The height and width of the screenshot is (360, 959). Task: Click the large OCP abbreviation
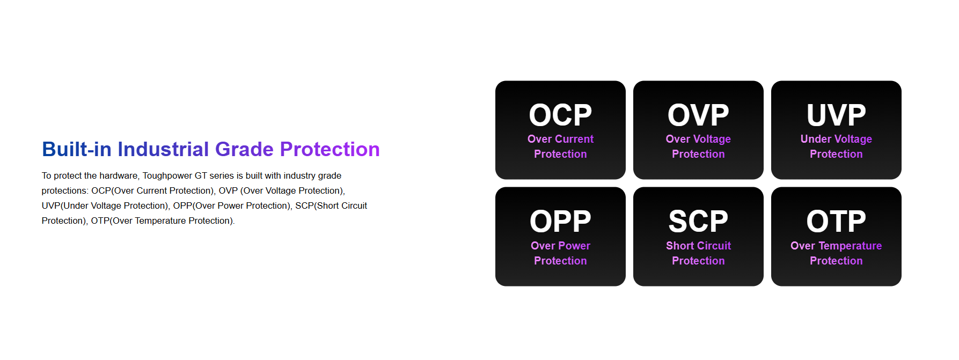[x=560, y=115]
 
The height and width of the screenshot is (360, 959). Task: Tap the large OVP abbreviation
[x=698, y=115]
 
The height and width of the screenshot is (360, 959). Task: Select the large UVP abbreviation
[x=836, y=115]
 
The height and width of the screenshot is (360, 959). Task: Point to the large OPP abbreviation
[x=560, y=221]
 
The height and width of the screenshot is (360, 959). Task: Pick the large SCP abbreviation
[x=698, y=221]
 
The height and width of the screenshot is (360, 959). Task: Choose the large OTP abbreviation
[x=836, y=221]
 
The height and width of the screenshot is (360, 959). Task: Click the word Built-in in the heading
[x=77, y=149]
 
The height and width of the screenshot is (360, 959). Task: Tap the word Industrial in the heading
[x=163, y=149]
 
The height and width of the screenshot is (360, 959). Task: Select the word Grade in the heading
[x=245, y=149]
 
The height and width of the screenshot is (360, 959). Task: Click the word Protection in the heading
[x=330, y=149]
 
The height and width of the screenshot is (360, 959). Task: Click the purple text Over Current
[x=560, y=139]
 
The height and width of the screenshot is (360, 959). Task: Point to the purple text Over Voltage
[x=698, y=139]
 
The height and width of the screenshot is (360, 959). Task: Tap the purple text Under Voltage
[x=836, y=139]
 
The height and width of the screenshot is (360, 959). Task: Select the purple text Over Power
[x=560, y=246]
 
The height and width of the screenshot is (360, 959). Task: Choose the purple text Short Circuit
[x=698, y=246]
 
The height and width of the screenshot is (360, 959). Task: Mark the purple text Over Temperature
[x=836, y=246]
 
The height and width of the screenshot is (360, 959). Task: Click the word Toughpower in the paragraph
[x=167, y=176]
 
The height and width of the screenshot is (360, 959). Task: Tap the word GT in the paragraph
[x=201, y=175]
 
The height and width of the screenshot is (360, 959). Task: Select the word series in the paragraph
[x=222, y=175]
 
